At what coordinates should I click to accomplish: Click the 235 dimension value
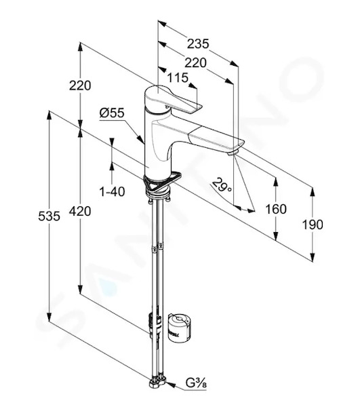[198, 43]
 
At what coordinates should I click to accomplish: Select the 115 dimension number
[178, 77]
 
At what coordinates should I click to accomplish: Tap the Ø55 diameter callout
[112, 113]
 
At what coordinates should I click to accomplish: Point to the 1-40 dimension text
[112, 192]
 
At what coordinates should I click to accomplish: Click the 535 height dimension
[49, 216]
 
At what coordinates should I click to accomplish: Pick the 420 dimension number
[80, 211]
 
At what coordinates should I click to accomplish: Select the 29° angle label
[221, 185]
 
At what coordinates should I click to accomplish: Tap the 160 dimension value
[276, 209]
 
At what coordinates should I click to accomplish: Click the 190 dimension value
[313, 225]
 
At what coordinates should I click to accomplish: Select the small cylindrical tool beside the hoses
[180, 328]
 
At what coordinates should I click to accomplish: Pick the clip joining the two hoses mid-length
[157, 247]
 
